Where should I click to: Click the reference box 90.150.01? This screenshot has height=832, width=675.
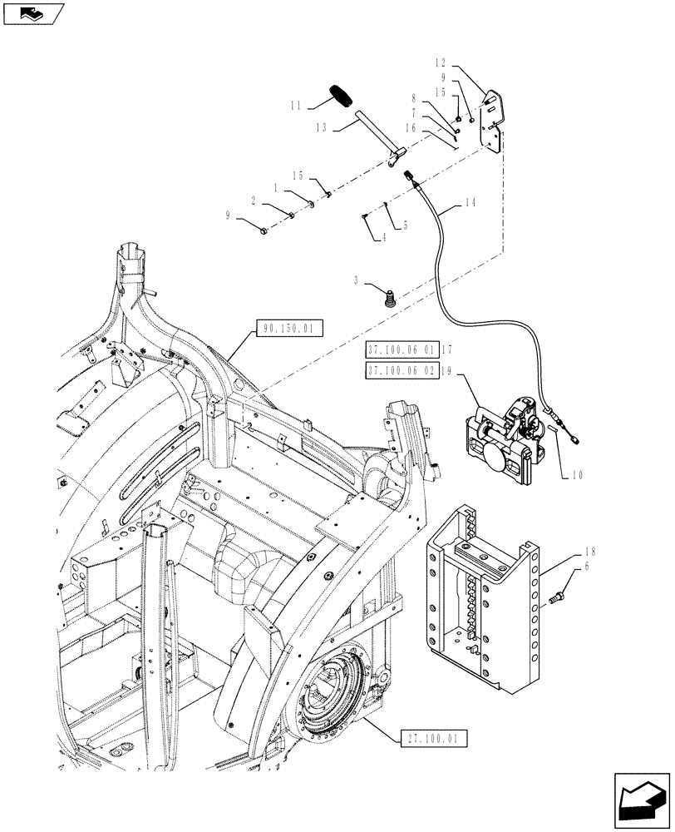(x=285, y=329)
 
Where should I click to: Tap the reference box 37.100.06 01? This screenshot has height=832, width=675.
(x=401, y=349)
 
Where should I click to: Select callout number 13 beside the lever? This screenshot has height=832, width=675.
(x=323, y=128)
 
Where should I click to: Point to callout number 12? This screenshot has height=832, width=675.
(x=441, y=63)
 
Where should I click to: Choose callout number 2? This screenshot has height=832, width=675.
(x=252, y=200)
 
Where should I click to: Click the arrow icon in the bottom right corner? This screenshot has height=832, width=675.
(x=642, y=800)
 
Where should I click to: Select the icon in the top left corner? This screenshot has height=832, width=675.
(x=32, y=13)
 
